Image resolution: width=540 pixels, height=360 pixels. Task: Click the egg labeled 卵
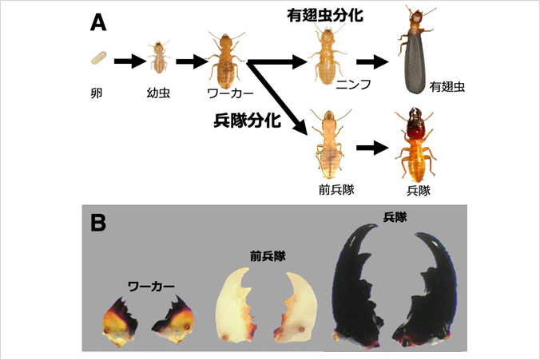click(x=99, y=58)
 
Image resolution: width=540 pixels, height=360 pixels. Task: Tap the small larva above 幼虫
click(x=158, y=57)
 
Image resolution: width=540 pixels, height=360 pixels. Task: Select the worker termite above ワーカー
click(x=225, y=59)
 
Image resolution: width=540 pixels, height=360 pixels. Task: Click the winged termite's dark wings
click(x=415, y=64)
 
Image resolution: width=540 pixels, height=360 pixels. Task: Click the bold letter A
click(x=98, y=23)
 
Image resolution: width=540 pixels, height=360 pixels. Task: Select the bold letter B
click(x=98, y=223)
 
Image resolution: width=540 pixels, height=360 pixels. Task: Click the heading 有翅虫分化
click(x=325, y=15)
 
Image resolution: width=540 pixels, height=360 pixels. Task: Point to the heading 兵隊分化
click(x=248, y=121)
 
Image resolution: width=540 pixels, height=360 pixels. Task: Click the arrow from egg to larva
click(x=130, y=61)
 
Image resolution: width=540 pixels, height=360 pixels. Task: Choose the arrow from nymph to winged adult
click(x=372, y=62)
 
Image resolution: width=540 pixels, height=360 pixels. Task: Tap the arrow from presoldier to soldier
click(x=372, y=148)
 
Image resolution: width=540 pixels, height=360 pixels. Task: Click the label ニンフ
click(x=353, y=85)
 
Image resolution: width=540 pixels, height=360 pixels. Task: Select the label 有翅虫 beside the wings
click(x=447, y=87)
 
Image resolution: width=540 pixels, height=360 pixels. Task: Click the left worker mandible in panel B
click(x=120, y=322)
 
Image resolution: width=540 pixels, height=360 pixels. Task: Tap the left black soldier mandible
click(x=357, y=287)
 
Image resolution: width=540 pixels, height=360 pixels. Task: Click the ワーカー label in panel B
click(x=151, y=287)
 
